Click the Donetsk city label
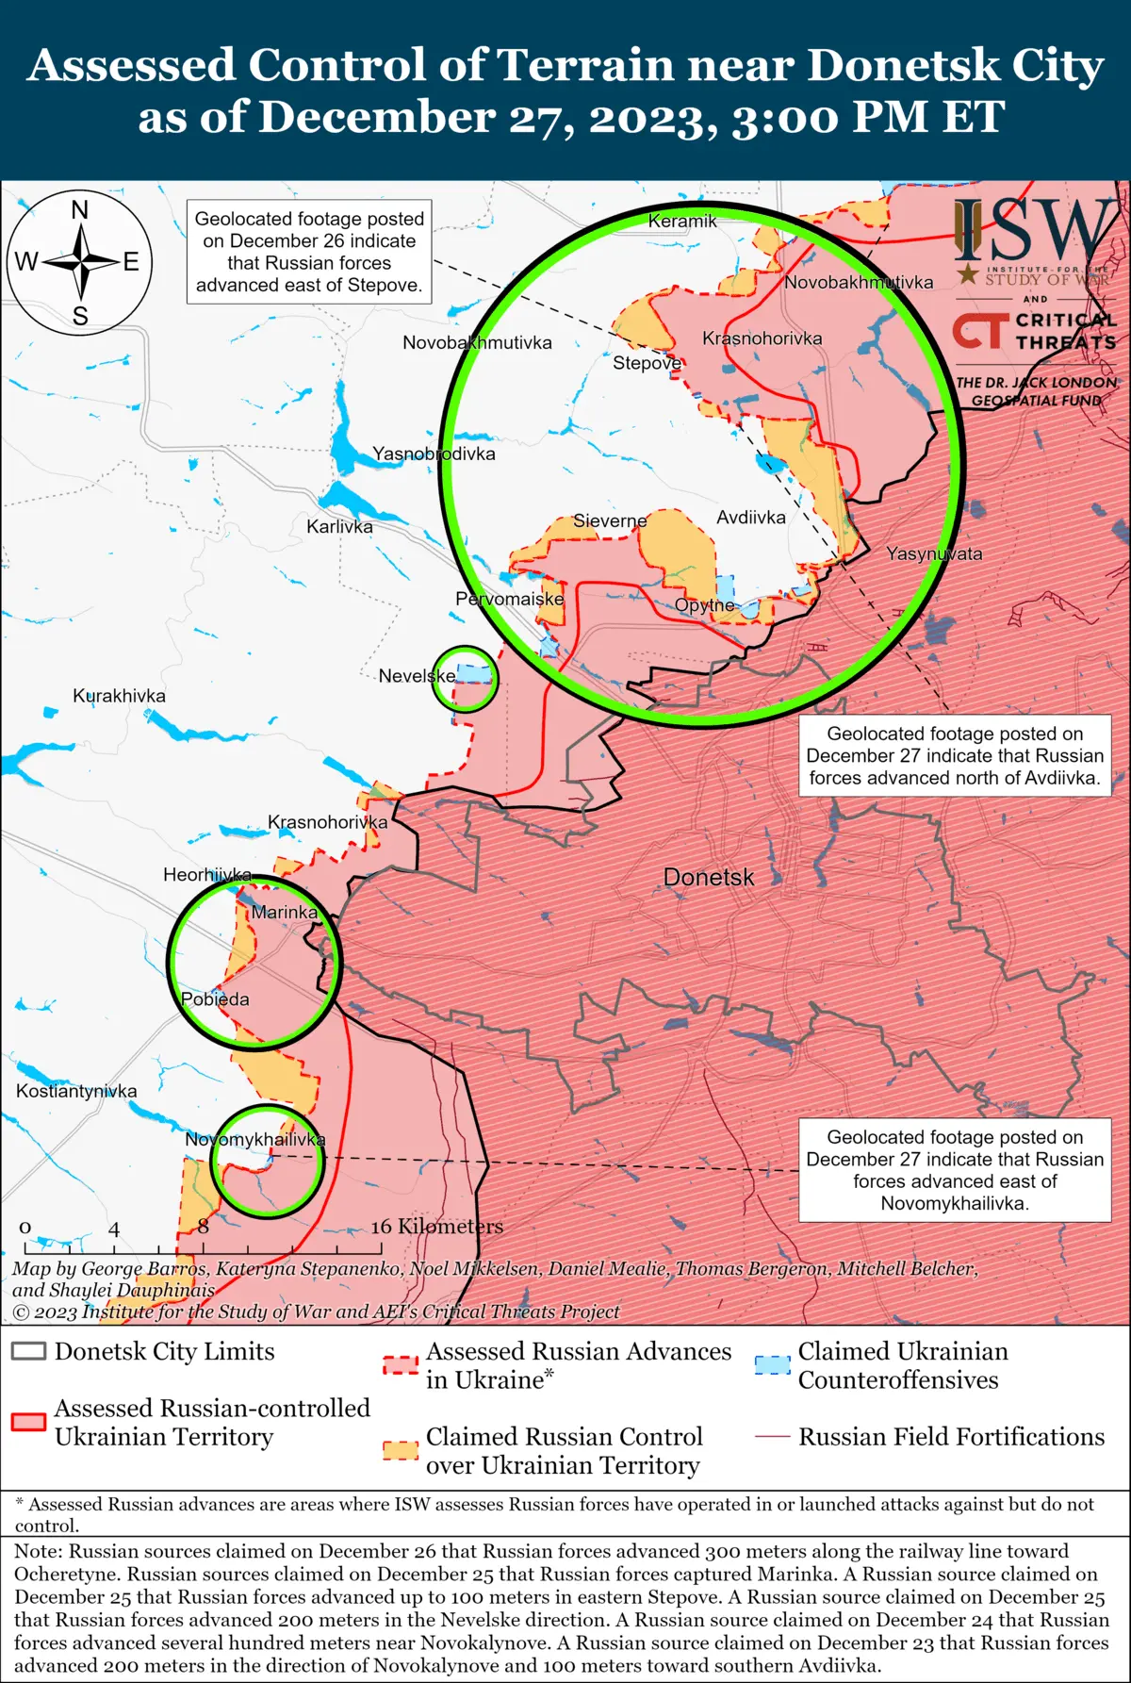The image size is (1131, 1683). point(709,878)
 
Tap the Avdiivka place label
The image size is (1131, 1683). point(751,518)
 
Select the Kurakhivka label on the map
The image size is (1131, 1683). point(119,696)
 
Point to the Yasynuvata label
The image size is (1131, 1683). point(934,554)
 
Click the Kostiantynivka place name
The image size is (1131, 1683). point(76,1091)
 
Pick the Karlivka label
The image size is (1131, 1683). point(339,527)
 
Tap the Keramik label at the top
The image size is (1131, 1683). point(682,222)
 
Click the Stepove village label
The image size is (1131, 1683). point(647,363)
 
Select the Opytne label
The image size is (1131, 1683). point(705,605)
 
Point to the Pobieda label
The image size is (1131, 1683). point(215,999)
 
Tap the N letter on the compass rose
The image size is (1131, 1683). point(80,210)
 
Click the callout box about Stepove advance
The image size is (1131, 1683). point(309,252)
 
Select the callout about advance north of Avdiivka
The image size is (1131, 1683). point(955,756)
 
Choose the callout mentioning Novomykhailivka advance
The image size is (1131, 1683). point(955,1170)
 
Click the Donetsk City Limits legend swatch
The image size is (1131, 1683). point(28,1351)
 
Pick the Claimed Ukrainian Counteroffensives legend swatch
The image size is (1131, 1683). point(773,1364)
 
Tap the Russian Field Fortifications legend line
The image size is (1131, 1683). point(773,1437)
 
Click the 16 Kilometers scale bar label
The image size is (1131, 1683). point(437,1227)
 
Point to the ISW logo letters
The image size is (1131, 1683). point(1033,231)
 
